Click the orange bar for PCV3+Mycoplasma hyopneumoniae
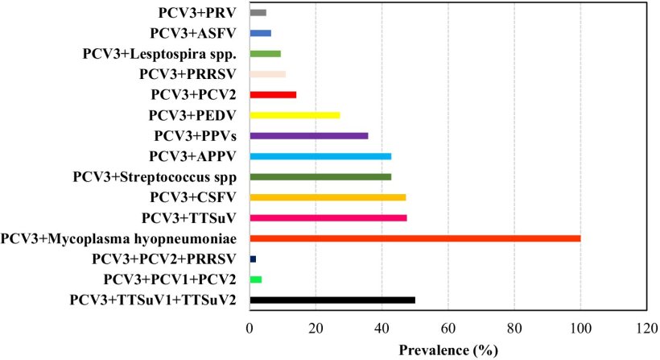415,238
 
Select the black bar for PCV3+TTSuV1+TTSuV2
332,300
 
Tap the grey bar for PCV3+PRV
258,13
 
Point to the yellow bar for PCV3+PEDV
295,115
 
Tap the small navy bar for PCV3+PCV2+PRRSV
253,259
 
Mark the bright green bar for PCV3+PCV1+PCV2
256,279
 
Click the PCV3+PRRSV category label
188,74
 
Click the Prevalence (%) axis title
448,350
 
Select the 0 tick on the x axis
250,329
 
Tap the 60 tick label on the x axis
448,329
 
